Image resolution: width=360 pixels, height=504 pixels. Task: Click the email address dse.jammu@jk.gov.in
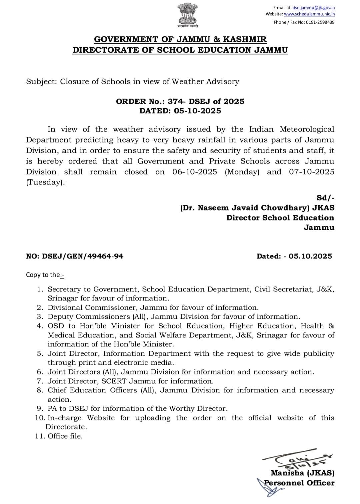pyautogui.click(x=314, y=7)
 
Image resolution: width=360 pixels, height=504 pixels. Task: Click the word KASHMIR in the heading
pyautogui.click(x=245, y=39)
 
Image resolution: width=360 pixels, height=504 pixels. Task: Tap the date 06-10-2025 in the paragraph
pyautogui.click(x=195, y=172)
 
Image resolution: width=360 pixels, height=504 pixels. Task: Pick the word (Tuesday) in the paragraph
pyautogui.click(x=45, y=183)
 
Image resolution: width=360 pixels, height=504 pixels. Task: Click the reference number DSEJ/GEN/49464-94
pyautogui.click(x=83, y=256)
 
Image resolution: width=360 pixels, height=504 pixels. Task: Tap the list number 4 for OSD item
pyautogui.click(x=39, y=326)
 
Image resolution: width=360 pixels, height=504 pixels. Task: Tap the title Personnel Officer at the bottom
pyautogui.click(x=299, y=483)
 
